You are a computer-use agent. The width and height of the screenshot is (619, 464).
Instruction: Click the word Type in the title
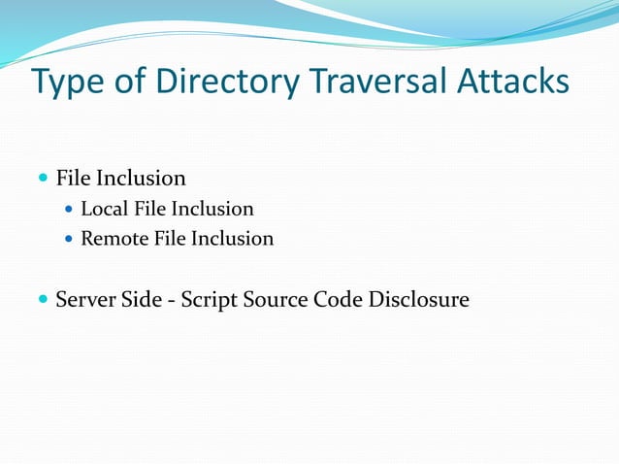click(66, 83)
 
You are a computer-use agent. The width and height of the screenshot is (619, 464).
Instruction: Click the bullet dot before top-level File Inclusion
click(42, 179)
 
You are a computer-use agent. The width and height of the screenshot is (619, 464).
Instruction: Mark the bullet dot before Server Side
click(42, 300)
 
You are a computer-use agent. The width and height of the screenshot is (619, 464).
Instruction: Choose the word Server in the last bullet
click(85, 300)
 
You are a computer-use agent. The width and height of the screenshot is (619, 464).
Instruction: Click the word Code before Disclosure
click(338, 300)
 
